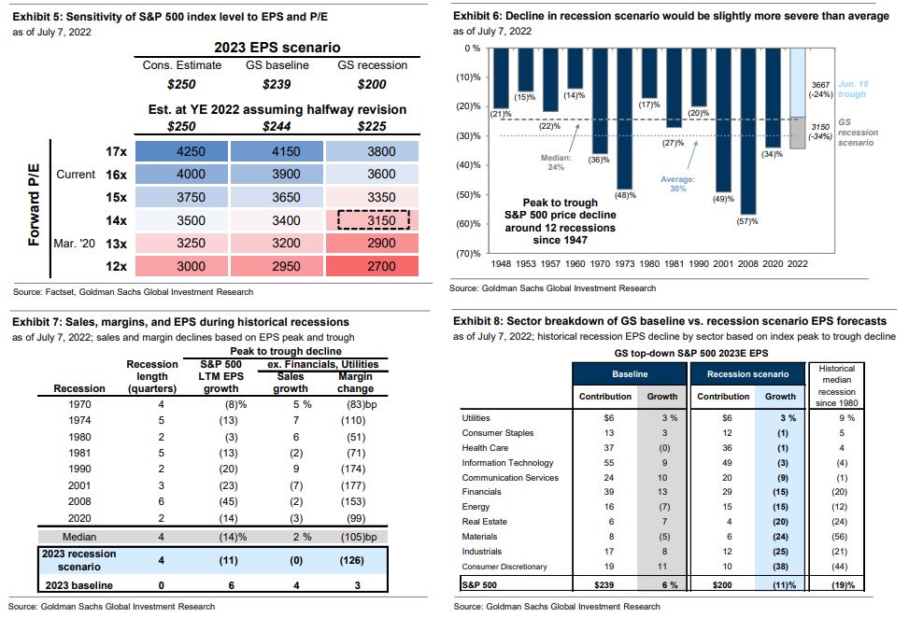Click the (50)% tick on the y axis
coord(467,195)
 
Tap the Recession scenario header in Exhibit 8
coord(743,373)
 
